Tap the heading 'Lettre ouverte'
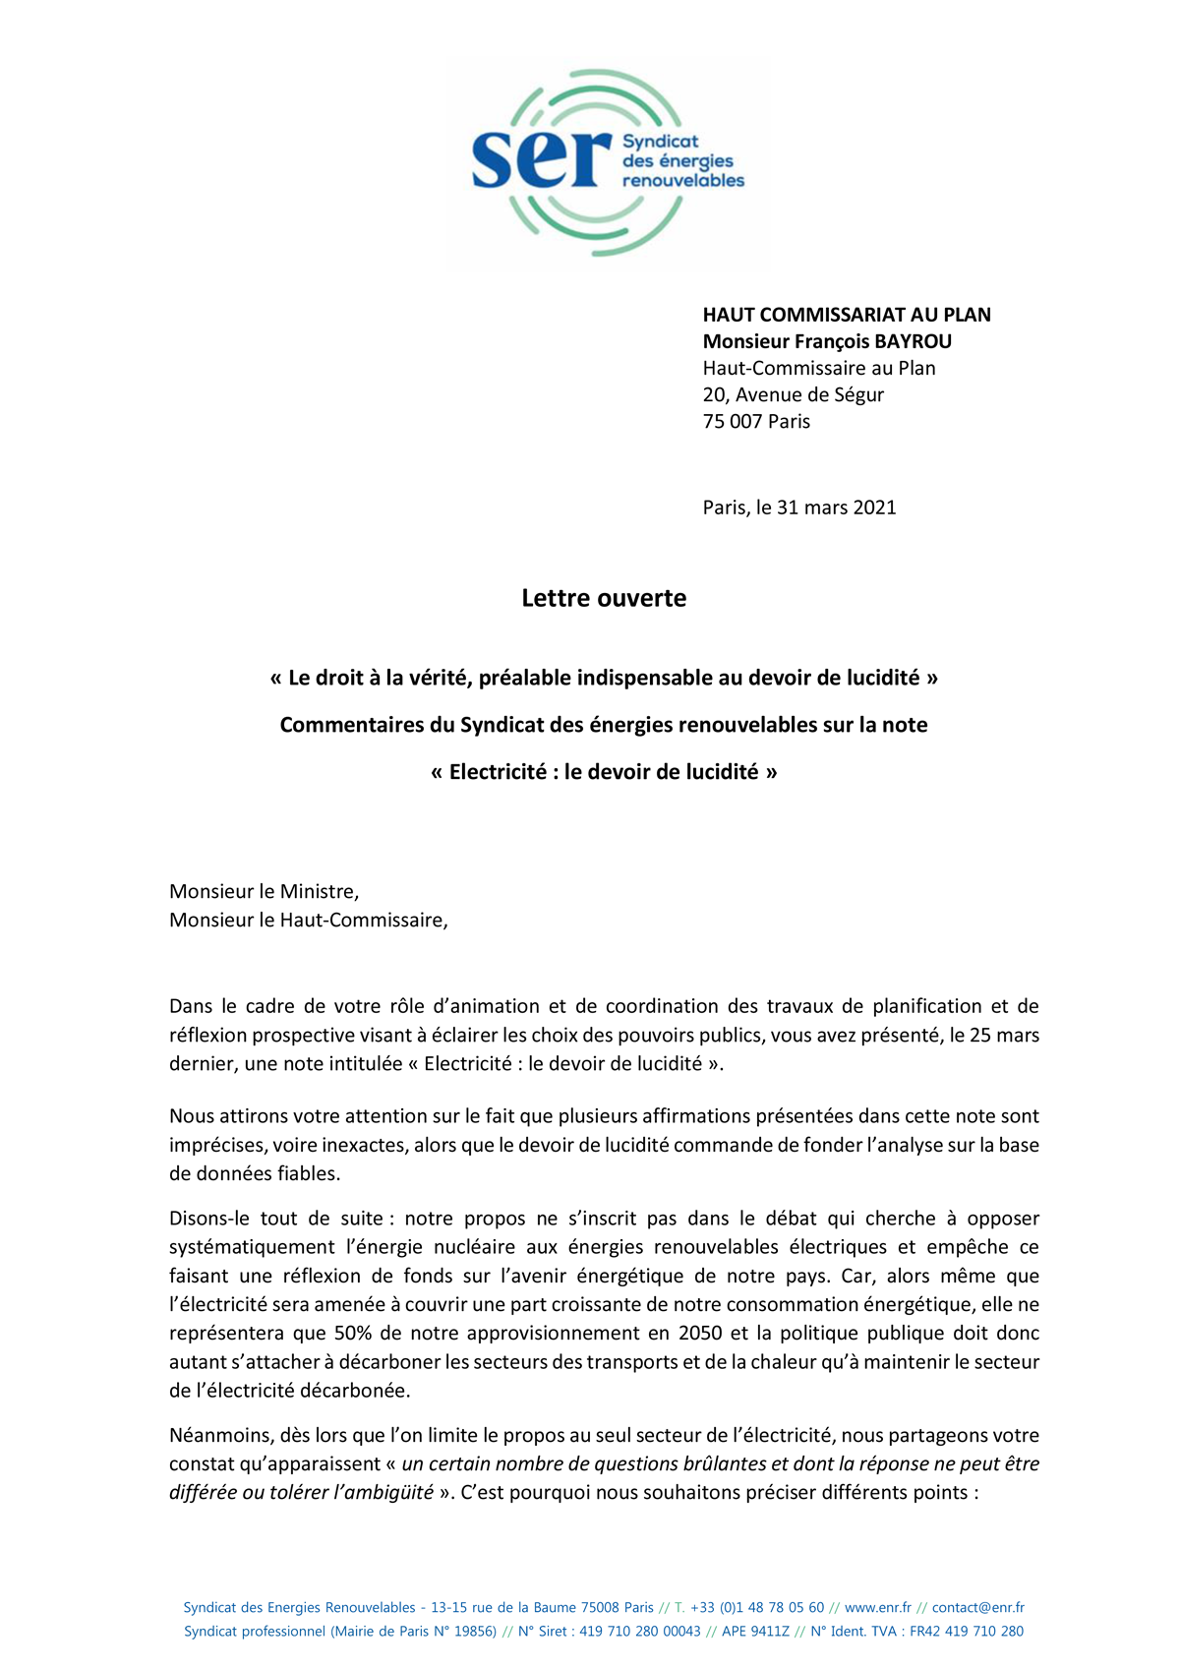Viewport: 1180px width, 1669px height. tap(604, 598)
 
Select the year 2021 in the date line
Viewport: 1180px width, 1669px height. tap(874, 507)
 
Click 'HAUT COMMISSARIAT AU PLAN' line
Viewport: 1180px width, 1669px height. tap(846, 315)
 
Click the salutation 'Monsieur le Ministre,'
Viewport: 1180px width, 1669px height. tap(264, 892)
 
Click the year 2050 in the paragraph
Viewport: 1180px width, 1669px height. tap(700, 1334)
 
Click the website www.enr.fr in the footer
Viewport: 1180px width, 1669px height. tap(877, 1608)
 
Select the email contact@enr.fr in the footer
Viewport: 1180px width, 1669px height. tap(977, 1608)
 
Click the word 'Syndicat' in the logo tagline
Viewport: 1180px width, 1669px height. tap(660, 142)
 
